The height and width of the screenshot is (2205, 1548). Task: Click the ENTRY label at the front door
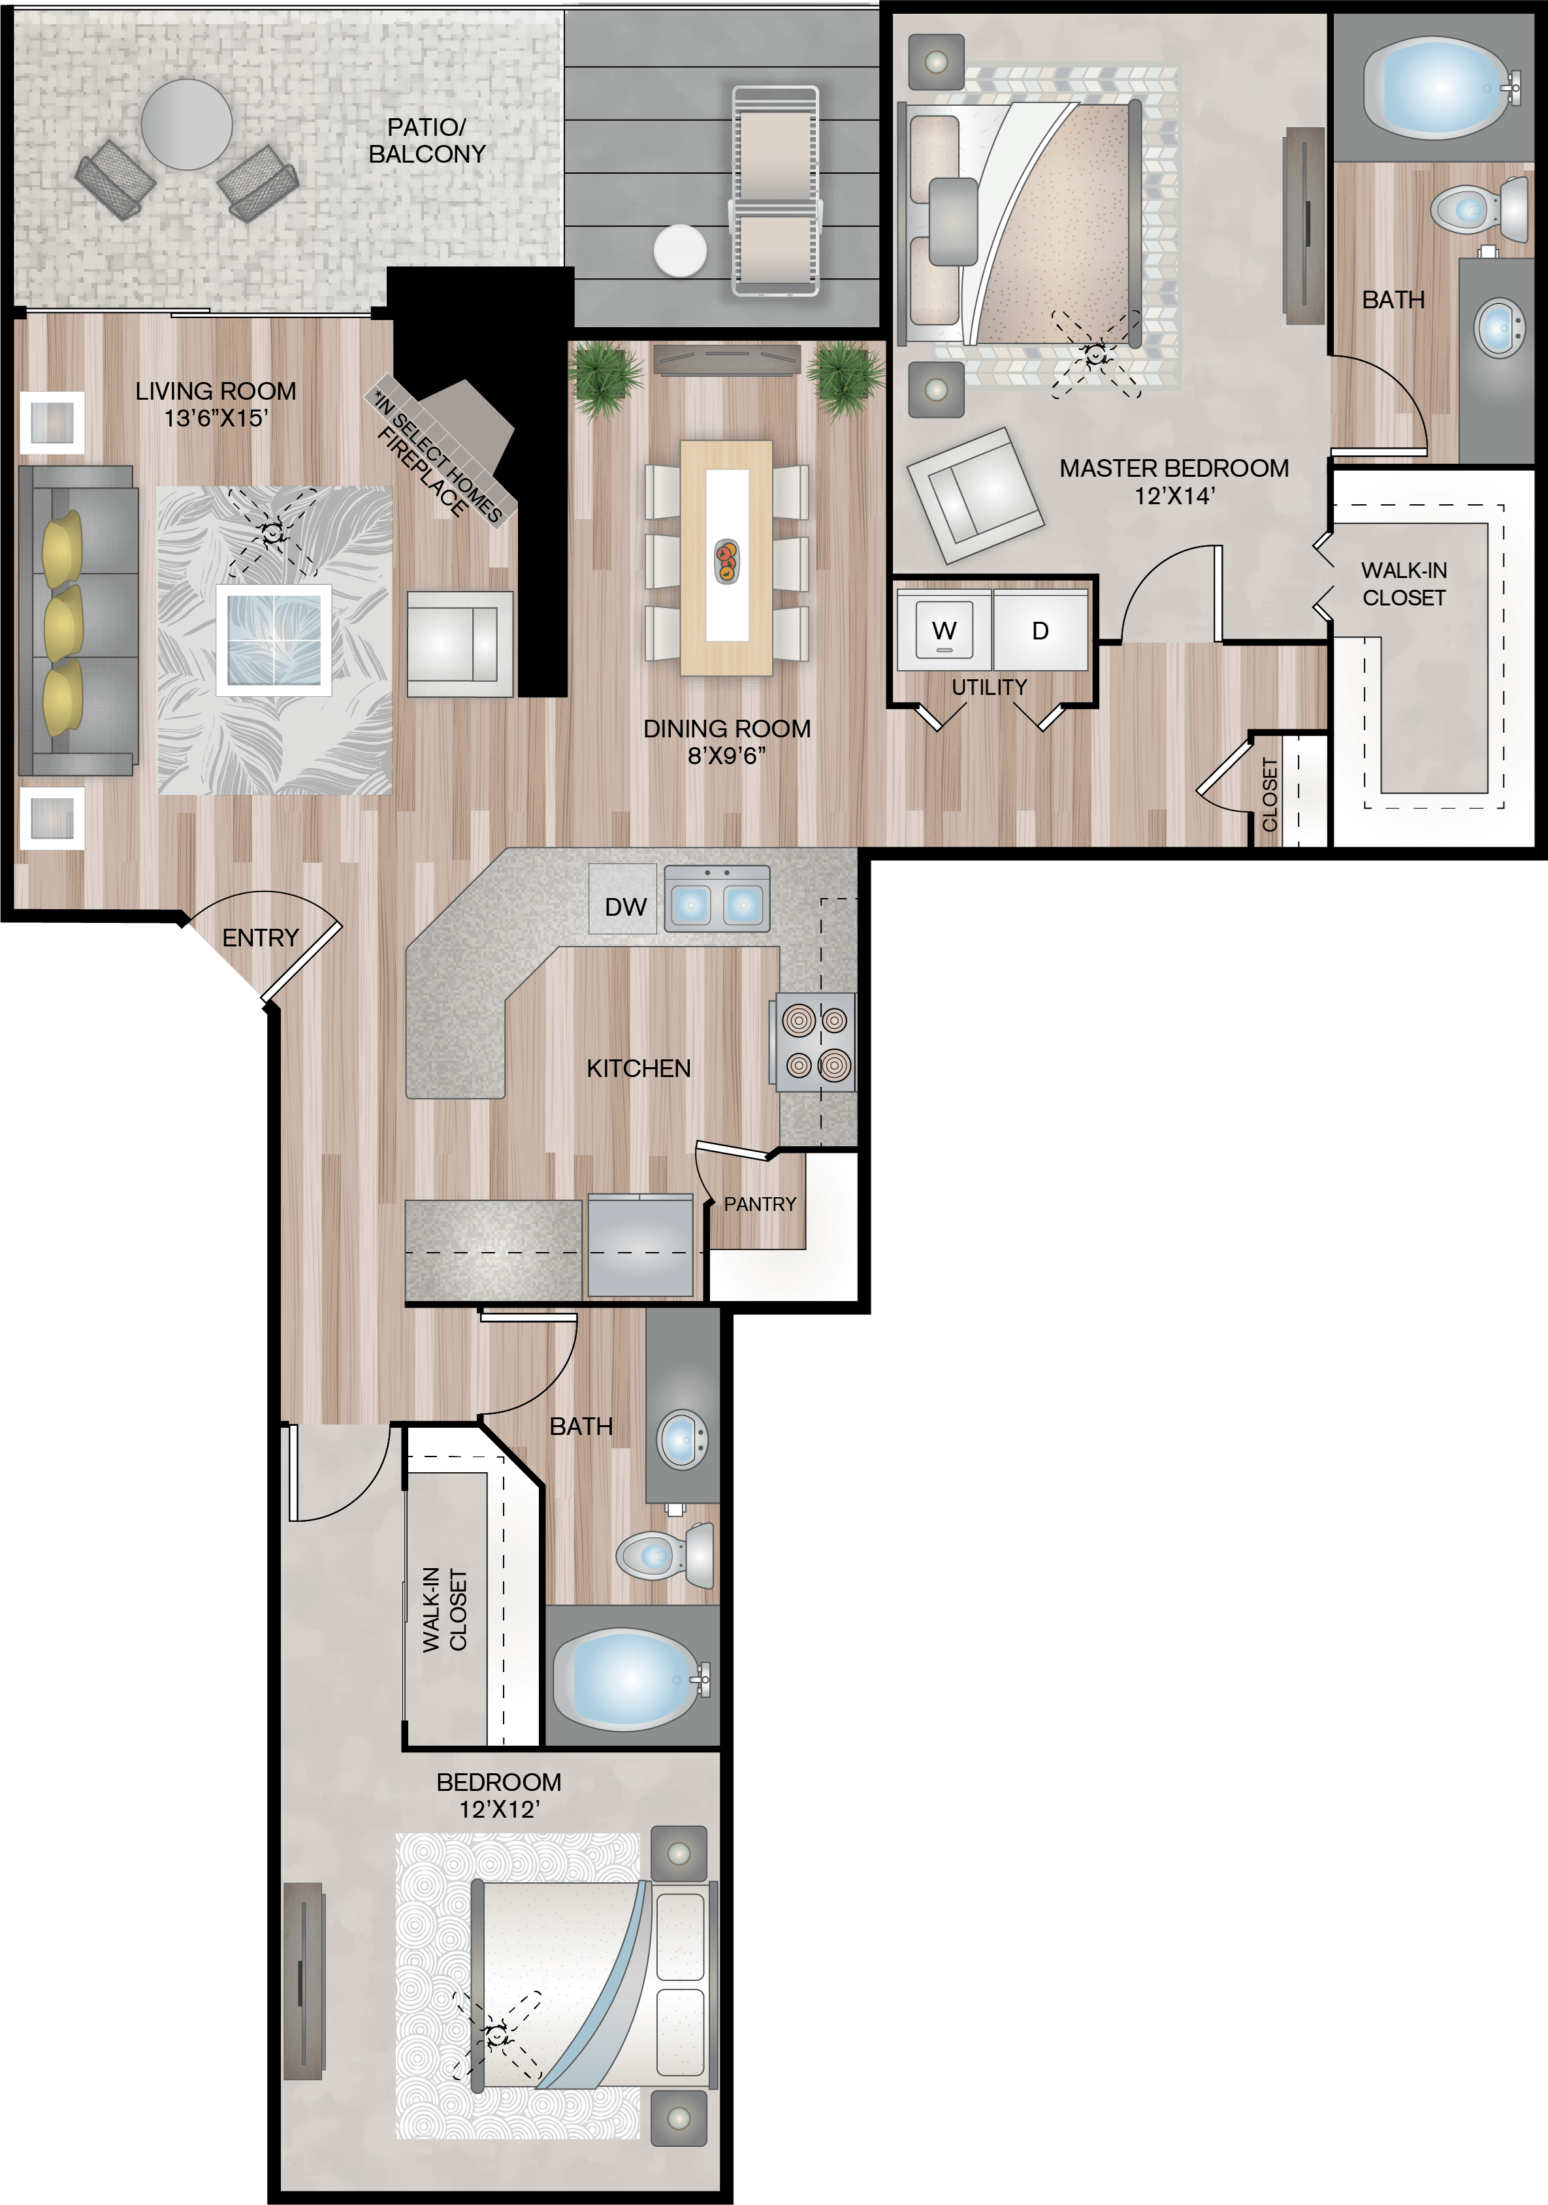pyautogui.click(x=260, y=937)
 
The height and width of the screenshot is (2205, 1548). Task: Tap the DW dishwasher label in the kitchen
pyautogui.click(x=625, y=907)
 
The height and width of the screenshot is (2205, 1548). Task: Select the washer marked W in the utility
pyautogui.click(x=943, y=630)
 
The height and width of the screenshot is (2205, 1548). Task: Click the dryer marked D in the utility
pyautogui.click(x=1040, y=630)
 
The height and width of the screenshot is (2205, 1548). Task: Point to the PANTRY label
pyautogui.click(x=760, y=1203)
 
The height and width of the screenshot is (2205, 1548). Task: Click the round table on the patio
pyautogui.click(x=186, y=124)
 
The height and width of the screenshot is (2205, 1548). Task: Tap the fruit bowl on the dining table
pyautogui.click(x=727, y=562)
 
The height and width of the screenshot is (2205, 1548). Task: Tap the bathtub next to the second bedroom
pyautogui.click(x=630, y=1679)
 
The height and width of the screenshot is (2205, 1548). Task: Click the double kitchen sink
pyautogui.click(x=717, y=899)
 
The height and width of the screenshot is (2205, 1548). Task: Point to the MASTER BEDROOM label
pyautogui.click(x=1174, y=468)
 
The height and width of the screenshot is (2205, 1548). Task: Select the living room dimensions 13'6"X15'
pyautogui.click(x=216, y=418)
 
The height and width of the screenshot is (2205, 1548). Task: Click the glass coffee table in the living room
pyautogui.click(x=274, y=639)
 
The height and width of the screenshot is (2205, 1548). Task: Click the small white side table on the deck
pyautogui.click(x=680, y=249)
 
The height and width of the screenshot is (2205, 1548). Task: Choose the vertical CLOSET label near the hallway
pyautogui.click(x=1270, y=794)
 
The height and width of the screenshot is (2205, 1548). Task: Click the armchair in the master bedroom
pyautogui.click(x=975, y=494)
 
